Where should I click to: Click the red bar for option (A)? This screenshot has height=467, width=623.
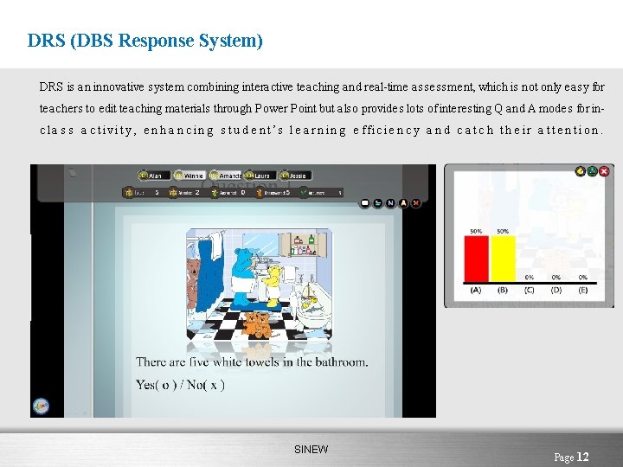pos(476,259)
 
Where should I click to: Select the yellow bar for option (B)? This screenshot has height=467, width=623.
pos(503,259)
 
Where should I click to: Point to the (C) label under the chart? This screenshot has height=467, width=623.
pos(530,291)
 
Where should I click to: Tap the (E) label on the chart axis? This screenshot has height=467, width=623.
pos(582,291)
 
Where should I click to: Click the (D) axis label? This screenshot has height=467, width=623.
pos(556,291)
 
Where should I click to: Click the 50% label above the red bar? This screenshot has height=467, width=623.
pos(476,232)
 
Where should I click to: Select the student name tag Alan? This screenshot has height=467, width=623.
pos(151,176)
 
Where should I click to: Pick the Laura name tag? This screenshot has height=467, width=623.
pos(258,176)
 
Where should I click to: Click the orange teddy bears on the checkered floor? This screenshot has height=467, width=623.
pos(255,323)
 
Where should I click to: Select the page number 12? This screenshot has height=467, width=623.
pos(582,457)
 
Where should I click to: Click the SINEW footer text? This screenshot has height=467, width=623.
pos(311,450)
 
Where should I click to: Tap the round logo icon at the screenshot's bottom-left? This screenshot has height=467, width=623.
pos(41,405)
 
